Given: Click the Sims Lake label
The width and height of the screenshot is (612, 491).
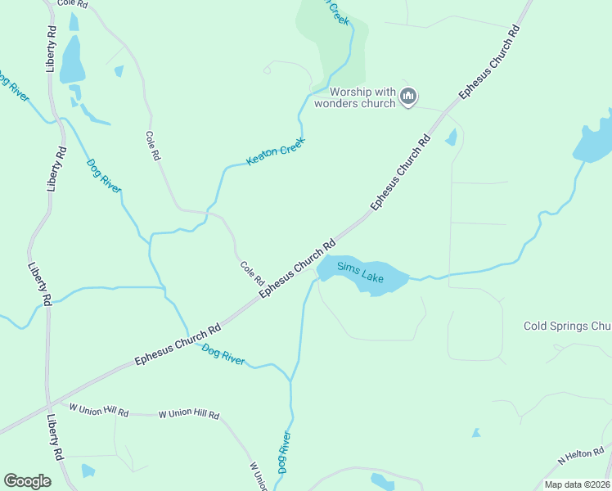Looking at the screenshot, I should click(x=361, y=273).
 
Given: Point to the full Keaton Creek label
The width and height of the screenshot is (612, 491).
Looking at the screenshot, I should click(x=276, y=151).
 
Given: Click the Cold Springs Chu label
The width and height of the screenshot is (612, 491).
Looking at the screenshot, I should click(x=567, y=327).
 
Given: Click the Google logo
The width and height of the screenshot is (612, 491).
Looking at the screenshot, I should click(x=28, y=481).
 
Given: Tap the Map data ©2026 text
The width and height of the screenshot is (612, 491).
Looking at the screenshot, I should click(x=577, y=484).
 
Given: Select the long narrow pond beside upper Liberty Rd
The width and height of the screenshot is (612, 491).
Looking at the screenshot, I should click(x=72, y=62).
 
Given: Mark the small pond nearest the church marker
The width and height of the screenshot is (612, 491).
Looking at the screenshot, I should click(x=451, y=137).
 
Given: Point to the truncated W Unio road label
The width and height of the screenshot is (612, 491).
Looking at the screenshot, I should click(x=258, y=475).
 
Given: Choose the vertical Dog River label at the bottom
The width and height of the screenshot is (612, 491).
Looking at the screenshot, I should click(x=284, y=453).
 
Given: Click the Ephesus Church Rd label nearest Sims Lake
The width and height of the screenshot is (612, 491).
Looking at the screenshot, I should click(x=298, y=268).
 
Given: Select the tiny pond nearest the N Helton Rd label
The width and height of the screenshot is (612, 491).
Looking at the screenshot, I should click(x=475, y=432).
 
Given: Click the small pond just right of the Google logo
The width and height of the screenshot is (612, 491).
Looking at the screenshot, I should click(x=88, y=471).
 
